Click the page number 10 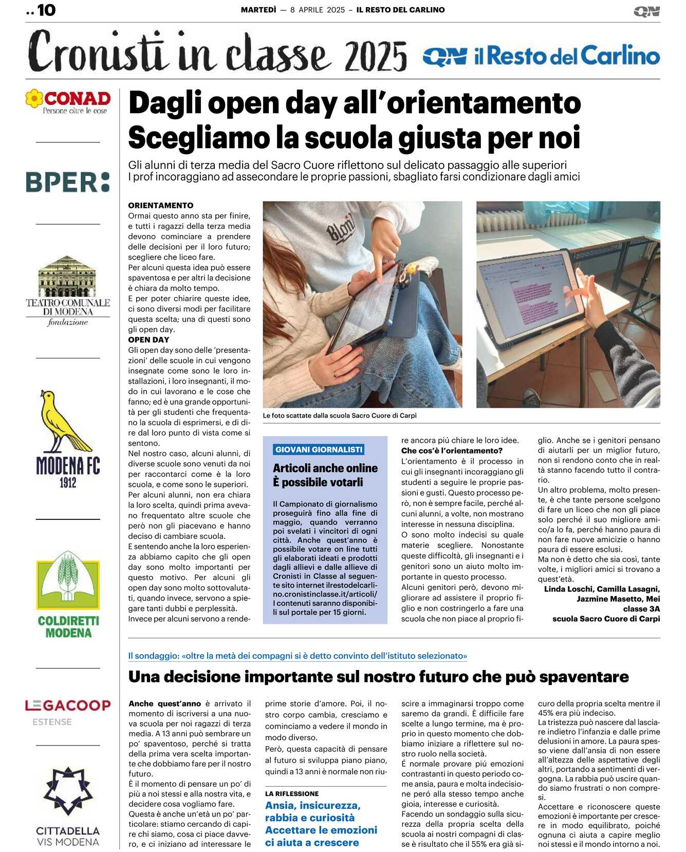(x=46, y=10)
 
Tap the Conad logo (x=68, y=101)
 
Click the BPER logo (x=68, y=182)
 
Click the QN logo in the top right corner (x=646, y=11)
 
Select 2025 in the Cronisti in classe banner (x=376, y=56)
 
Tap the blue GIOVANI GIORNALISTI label (x=319, y=449)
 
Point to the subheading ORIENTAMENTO (x=161, y=205)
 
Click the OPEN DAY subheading (x=149, y=339)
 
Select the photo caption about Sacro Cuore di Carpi (x=340, y=415)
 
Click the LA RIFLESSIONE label (x=292, y=793)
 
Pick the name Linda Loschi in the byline (x=567, y=589)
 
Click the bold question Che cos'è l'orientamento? (x=452, y=450)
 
